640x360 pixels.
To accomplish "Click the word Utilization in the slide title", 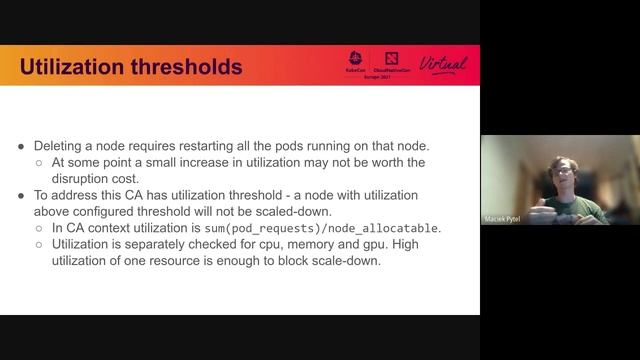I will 66,67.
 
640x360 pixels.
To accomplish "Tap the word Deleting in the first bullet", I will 62,146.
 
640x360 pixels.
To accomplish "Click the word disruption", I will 83,178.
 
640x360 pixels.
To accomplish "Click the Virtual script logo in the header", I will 443,64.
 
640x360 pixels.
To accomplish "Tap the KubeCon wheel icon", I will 356,58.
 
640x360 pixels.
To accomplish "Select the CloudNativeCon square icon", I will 389,58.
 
